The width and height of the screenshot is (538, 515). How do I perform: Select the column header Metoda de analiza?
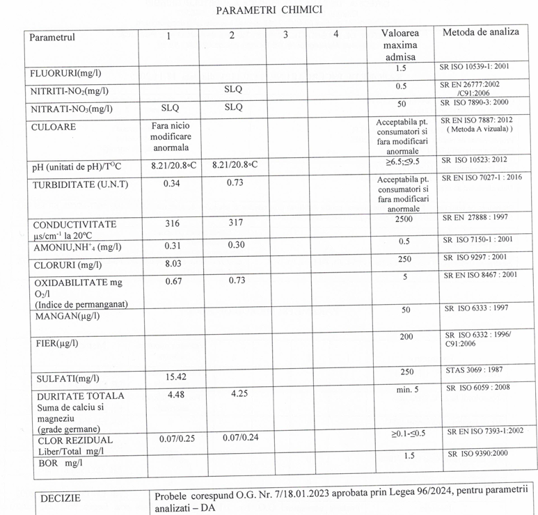[481, 33]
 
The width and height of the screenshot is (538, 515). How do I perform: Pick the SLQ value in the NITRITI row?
[233, 90]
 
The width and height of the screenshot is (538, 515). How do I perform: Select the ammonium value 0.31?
[172, 245]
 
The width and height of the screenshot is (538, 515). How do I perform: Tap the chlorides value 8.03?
[172, 264]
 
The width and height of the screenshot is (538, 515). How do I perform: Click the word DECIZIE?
[61, 498]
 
